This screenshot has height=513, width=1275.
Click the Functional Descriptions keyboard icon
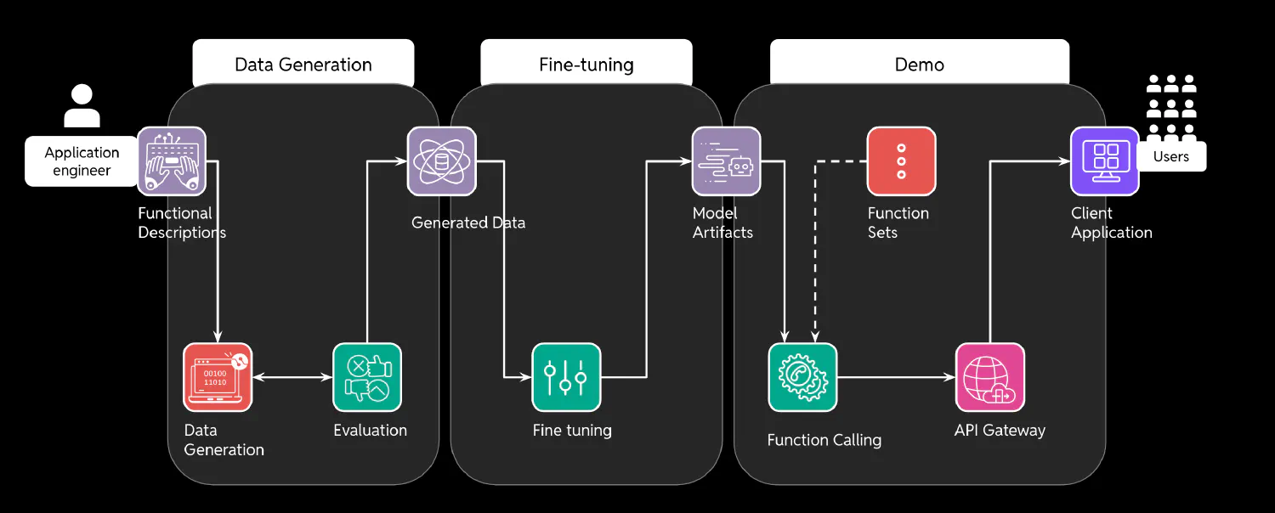click(x=172, y=161)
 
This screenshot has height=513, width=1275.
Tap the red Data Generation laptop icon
click(x=218, y=377)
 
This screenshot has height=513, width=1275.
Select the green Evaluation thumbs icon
click(x=367, y=377)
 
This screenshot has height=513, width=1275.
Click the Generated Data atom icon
click(x=442, y=161)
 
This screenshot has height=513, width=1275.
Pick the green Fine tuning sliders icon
click(x=566, y=377)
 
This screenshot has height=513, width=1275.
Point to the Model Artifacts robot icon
click(x=726, y=161)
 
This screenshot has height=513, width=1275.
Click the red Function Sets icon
click(x=901, y=161)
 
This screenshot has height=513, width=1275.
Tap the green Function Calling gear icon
click(x=802, y=377)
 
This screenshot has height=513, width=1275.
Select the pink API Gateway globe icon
click(x=990, y=377)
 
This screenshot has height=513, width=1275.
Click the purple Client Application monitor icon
click(x=1105, y=161)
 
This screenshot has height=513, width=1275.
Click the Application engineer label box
click(x=82, y=161)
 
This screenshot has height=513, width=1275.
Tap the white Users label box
click(x=1171, y=156)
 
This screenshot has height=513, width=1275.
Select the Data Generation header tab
click(x=303, y=65)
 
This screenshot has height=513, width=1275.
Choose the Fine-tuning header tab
click(x=586, y=65)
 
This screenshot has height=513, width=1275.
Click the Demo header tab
click(x=920, y=65)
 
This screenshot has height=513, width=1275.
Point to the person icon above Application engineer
click(x=82, y=105)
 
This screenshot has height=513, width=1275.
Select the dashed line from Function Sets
click(x=816, y=246)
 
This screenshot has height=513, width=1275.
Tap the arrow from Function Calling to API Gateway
click(x=897, y=377)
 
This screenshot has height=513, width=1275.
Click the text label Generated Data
click(x=468, y=223)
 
